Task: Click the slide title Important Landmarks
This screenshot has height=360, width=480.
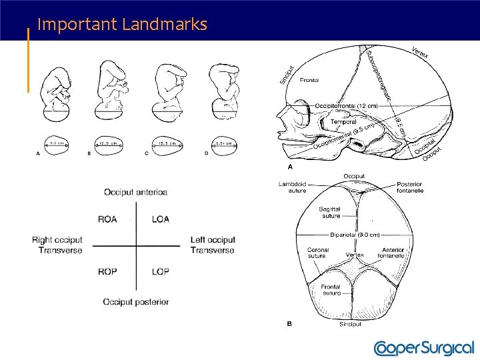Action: point(123,25)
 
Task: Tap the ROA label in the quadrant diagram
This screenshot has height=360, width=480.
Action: point(107,219)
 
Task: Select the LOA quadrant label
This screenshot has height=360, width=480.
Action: point(161,219)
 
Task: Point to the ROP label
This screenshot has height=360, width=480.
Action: point(107,272)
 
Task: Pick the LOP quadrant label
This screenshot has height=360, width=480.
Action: point(161,272)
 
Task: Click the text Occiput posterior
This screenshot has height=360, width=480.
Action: point(136,302)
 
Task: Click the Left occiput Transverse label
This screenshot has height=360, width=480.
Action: point(213,245)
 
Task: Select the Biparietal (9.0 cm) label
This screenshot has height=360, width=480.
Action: point(355,235)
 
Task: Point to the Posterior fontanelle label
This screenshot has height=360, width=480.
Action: point(410,187)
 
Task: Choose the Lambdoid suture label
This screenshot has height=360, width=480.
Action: point(293,187)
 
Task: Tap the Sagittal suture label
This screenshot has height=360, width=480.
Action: point(330,212)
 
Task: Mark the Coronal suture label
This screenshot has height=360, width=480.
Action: point(317,252)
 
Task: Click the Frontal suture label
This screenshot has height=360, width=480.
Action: point(331,289)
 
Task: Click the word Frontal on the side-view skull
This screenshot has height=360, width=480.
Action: point(309,80)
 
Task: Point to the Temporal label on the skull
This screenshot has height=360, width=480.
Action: point(344,121)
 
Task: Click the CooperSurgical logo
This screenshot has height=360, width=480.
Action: point(423,348)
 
